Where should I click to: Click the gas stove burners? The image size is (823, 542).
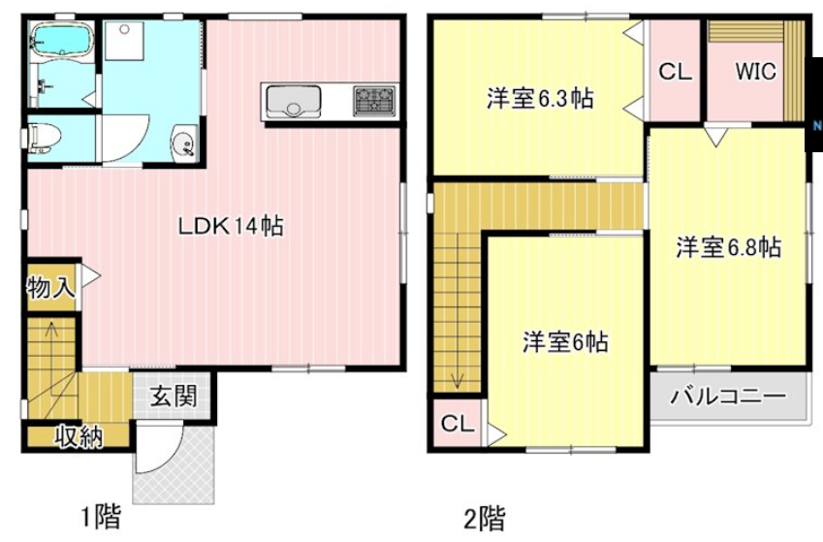(374, 99)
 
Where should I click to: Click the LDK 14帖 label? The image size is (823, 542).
(230, 226)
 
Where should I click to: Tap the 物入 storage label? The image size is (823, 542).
(50, 288)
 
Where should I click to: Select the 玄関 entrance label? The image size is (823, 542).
(174, 396)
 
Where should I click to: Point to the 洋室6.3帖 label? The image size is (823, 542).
(540, 98)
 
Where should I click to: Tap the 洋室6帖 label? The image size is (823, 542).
(566, 341)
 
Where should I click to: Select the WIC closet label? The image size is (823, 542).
(756, 72)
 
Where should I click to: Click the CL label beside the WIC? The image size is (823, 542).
(675, 72)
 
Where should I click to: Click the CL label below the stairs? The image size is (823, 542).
(457, 424)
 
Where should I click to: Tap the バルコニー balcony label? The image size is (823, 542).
(727, 397)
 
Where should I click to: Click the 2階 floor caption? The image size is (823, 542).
(483, 519)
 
